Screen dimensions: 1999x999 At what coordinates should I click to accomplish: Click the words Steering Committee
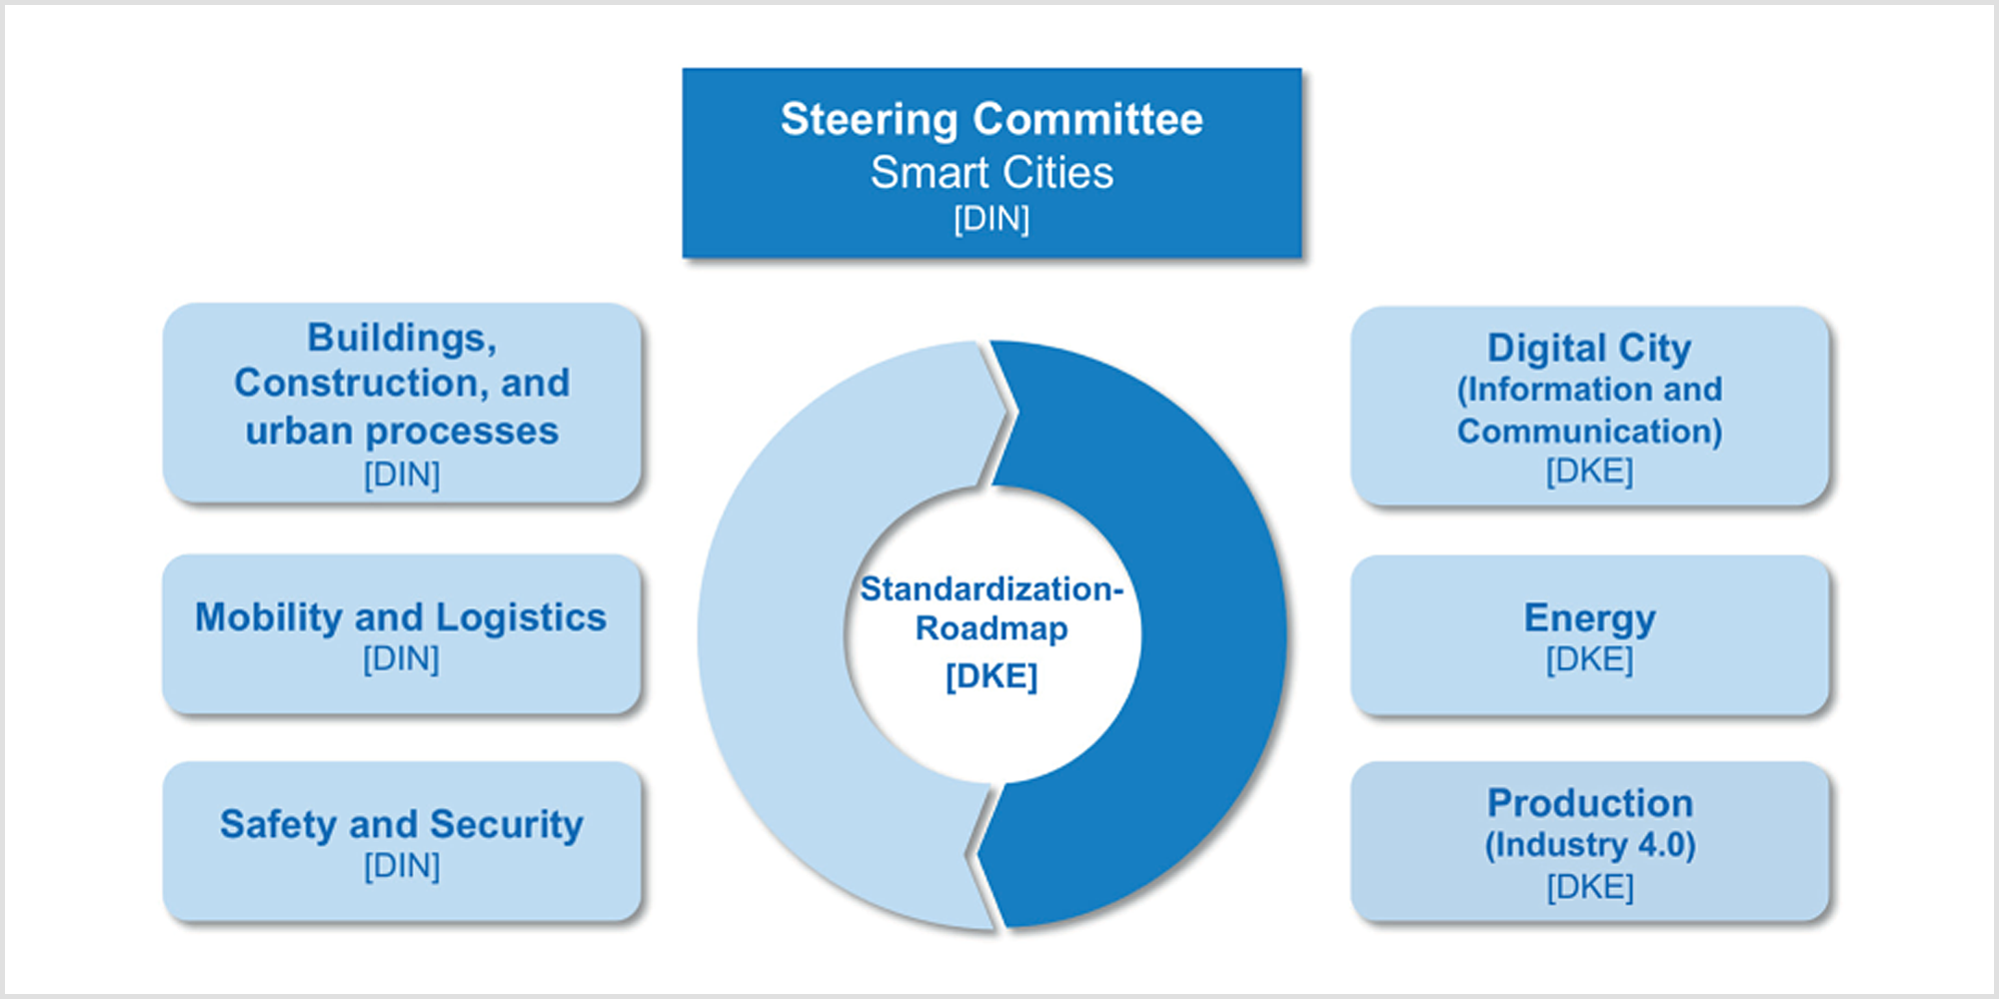click(x=992, y=120)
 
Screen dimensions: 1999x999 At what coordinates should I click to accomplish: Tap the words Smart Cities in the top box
click(x=992, y=173)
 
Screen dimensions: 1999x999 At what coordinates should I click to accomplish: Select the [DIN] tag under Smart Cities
click(x=992, y=219)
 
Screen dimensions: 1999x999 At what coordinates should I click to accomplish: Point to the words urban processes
click(x=402, y=431)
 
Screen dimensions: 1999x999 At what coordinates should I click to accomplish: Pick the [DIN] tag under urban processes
click(x=402, y=475)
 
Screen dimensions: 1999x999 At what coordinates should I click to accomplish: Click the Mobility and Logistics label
click(x=401, y=617)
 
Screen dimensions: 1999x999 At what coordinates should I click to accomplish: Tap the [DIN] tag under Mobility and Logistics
click(x=401, y=659)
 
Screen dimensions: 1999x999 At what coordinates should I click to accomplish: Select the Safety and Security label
click(x=402, y=825)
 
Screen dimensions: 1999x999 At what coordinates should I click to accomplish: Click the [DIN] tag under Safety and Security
click(x=402, y=866)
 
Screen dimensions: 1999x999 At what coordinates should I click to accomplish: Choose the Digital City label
click(x=1589, y=349)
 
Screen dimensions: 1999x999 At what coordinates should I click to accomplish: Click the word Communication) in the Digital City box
click(x=1589, y=431)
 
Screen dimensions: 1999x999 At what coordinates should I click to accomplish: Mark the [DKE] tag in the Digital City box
click(x=1589, y=471)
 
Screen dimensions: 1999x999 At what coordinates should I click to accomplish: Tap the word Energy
click(x=1589, y=618)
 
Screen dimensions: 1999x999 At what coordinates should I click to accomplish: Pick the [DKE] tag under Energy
click(x=1589, y=659)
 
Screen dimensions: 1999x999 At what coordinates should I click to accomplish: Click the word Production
click(x=1590, y=803)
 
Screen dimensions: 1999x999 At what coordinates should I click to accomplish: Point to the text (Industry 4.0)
click(x=1590, y=845)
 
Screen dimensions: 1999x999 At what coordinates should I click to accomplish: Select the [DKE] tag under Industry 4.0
click(x=1590, y=887)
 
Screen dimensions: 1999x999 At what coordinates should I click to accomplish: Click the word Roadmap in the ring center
click(x=992, y=628)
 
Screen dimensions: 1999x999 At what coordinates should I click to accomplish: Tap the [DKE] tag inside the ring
click(x=992, y=677)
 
